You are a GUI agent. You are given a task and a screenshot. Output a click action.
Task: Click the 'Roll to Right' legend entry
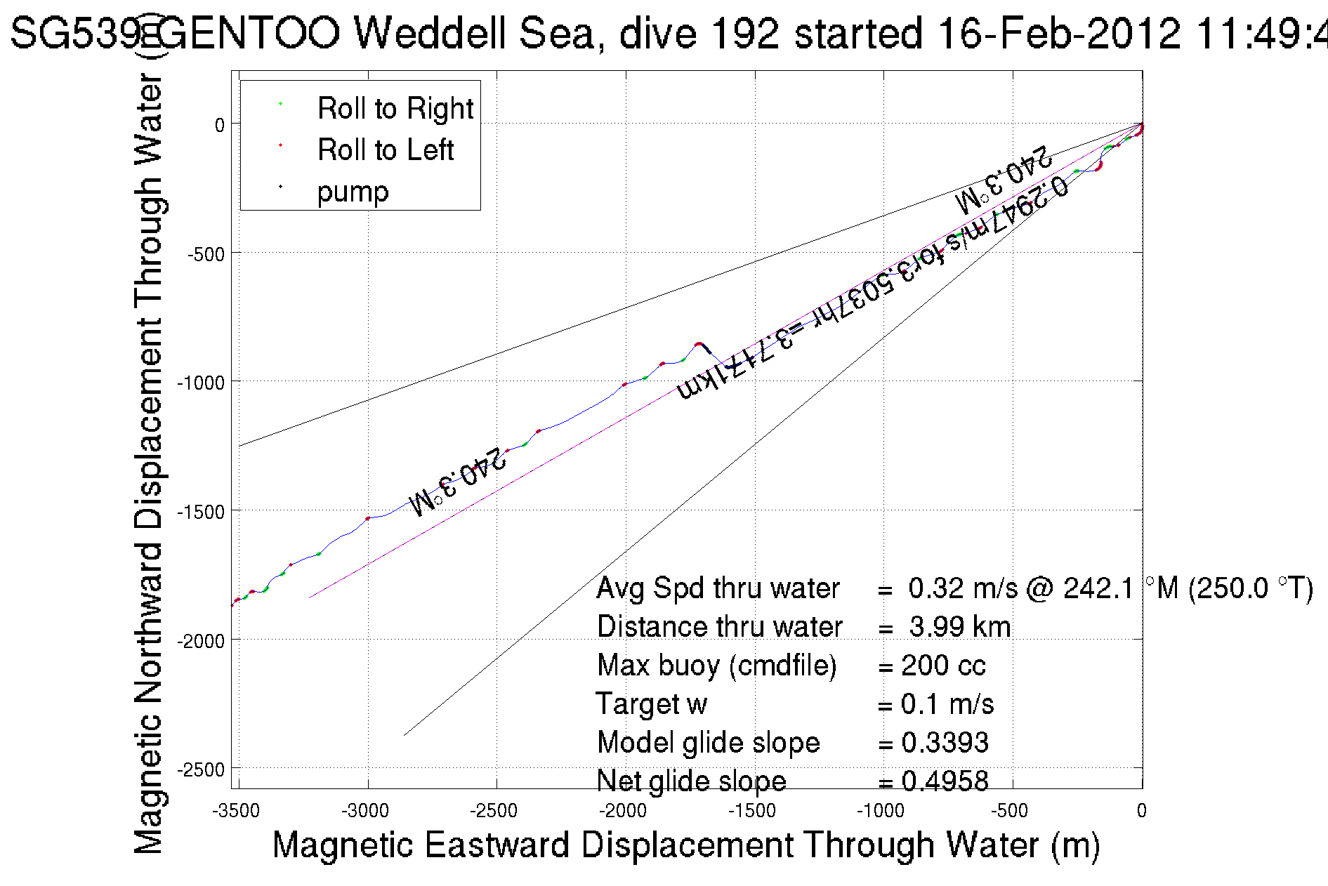tap(395, 109)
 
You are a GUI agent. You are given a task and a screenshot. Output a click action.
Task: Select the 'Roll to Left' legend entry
tap(385, 150)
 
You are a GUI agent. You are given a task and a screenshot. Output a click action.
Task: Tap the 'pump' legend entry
tap(353, 192)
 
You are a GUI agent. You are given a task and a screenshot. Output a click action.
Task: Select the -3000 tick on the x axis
tap(365, 811)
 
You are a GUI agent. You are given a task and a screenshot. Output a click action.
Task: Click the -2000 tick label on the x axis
tap(623, 811)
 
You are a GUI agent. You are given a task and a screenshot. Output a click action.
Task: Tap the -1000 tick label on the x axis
tap(881, 811)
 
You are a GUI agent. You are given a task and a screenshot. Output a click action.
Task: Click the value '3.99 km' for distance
tap(959, 627)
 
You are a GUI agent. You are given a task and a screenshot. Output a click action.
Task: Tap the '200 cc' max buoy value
tap(943, 666)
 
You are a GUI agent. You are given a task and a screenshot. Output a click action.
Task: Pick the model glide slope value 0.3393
tap(945, 743)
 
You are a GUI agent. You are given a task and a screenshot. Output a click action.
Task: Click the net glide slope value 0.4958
tap(945, 781)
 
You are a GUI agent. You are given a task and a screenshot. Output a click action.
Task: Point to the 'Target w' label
tap(651, 704)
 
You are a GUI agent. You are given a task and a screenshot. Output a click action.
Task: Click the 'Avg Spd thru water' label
tap(718, 588)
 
